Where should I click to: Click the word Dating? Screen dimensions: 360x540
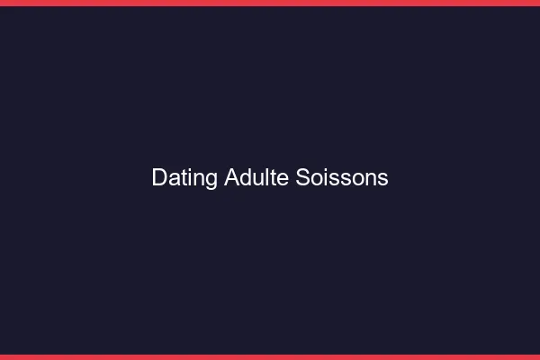click(184, 178)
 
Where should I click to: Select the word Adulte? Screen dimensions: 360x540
click(256, 177)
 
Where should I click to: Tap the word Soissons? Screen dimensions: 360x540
click(342, 177)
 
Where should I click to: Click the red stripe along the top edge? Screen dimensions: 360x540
click(270, 3)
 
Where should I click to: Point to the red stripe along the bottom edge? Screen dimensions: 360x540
click(270, 356)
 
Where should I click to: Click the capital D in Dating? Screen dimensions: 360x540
click(159, 177)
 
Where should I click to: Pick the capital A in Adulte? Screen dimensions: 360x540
click(231, 177)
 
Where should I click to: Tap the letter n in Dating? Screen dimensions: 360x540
click(200, 179)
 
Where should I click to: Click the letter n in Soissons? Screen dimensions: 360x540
click(371, 179)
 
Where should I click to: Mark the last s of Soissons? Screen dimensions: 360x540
click(383, 179)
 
